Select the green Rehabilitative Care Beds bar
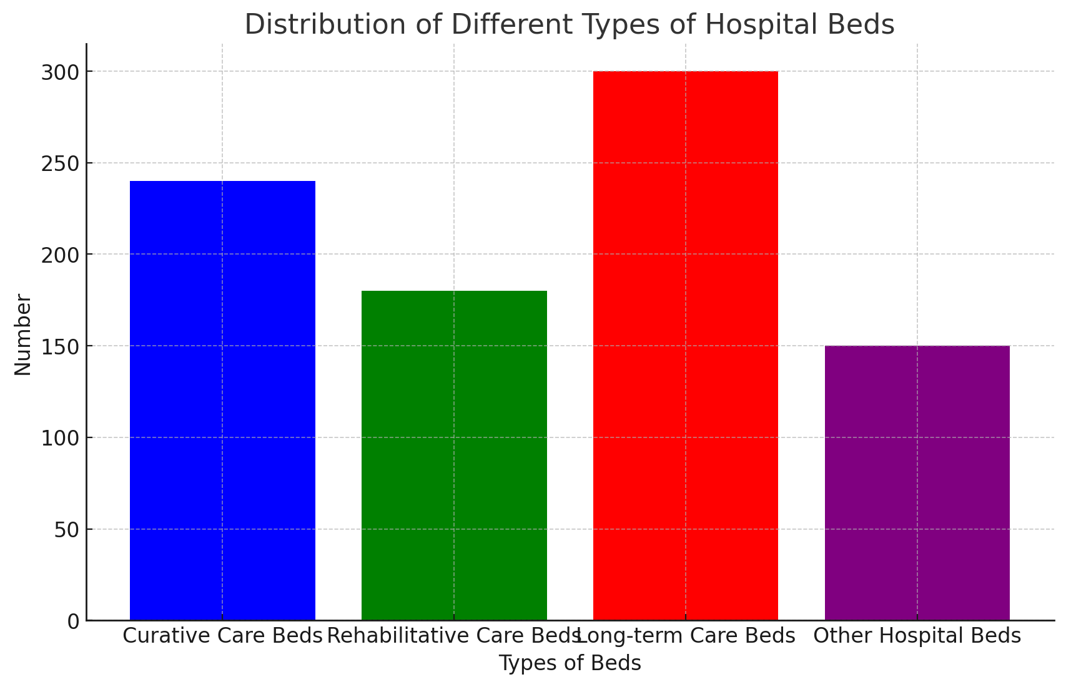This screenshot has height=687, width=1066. point(454,456)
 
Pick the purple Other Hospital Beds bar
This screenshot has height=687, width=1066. point(917,483)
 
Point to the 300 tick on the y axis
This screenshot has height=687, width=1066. point(61,72)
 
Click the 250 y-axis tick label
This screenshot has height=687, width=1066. point(61,163)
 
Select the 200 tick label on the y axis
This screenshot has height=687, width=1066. point(61,255)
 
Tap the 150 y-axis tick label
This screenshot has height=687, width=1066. point(61,347)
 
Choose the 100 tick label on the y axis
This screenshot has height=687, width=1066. point(61,438)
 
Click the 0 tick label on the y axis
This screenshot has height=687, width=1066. point(73,621)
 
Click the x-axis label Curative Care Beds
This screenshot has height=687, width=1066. point(222,636)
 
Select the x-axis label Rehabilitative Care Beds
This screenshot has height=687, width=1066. point(454,636)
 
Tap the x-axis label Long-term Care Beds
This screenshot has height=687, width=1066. point(687,636)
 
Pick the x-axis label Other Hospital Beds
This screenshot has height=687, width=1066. point(917,636)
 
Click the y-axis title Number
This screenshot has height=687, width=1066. point(22,334)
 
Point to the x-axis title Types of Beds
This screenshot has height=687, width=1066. point(570,663)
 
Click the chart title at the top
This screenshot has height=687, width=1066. point(570,25)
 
